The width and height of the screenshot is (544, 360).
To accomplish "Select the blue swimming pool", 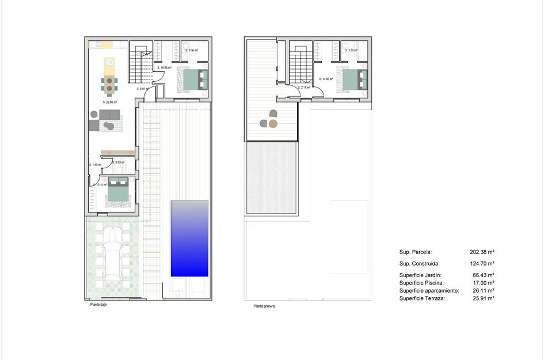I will (189, 238).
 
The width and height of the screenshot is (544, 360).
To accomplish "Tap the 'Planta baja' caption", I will (98, 305).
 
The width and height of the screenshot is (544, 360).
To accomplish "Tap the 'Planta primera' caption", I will (264, 306).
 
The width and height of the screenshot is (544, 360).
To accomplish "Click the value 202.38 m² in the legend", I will (482, 252).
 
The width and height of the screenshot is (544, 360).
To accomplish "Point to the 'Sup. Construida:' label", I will (419, 263).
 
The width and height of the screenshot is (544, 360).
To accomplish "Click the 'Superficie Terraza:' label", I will (422, 298).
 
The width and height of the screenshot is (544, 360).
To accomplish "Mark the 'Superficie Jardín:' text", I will (421, 275).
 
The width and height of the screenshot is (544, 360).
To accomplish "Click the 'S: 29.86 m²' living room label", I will (109, 102).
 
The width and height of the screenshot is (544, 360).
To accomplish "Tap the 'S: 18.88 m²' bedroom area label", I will (165, 67).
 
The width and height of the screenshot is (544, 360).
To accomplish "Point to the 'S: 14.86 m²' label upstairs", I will (327, 79).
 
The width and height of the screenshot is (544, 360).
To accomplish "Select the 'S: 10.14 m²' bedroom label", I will (100, 185).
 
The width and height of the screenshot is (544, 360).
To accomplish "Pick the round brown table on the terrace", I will (273, 123).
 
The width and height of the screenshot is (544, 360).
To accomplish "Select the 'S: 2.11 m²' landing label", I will (303, 88).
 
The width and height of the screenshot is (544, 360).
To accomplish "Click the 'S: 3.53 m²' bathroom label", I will (118, 162).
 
